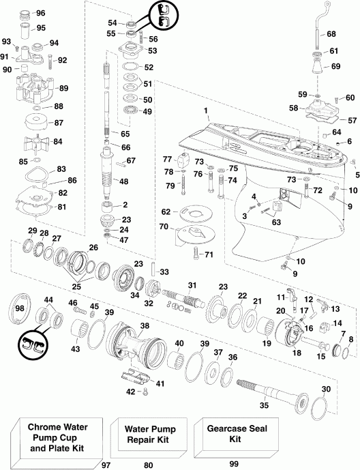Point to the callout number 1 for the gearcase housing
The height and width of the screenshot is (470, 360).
[205, 110]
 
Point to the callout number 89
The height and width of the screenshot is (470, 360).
[63, 89]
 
